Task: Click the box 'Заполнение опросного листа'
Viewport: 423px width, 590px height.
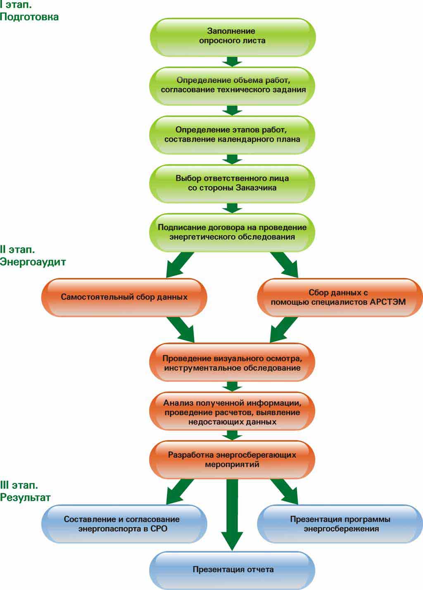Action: coord(232,36)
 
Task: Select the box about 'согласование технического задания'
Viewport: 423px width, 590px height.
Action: coord(232,85)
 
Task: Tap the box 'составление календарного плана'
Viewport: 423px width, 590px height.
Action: coord(232,134)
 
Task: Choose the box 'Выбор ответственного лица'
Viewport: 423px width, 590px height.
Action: coord(232,183)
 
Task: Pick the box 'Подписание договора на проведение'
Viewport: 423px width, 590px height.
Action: coord(232,232)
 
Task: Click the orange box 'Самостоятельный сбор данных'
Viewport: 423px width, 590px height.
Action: coord(124,297)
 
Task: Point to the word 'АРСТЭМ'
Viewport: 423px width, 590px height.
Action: coord(388,302)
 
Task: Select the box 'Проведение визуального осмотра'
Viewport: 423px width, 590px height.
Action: coord(232,363)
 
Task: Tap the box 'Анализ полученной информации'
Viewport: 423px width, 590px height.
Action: coord(232,412)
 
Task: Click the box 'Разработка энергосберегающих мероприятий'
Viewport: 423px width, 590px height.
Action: coord(232,459)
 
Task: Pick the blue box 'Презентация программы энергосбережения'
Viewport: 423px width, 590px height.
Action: coord(340,524)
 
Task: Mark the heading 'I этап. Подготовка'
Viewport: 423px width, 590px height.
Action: coord(29,11)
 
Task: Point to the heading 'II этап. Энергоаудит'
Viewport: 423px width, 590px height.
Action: coord(33,256)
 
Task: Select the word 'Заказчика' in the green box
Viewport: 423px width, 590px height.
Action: coord(256,188)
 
